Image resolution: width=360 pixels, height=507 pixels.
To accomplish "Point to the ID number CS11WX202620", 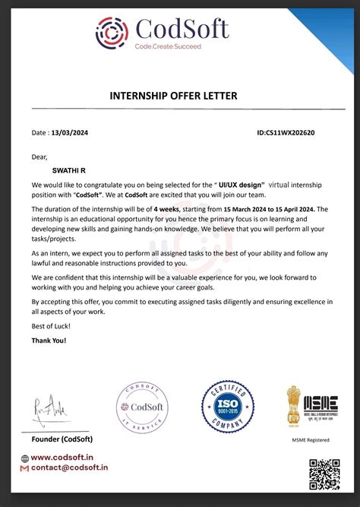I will click(x=286, y=132).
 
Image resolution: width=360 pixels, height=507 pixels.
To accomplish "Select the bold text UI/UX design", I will click(x=242, y=185).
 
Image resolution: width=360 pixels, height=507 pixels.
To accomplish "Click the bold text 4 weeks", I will click(x=166, y=208).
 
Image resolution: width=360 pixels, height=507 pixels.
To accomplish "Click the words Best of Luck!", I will click(x=51, y=325).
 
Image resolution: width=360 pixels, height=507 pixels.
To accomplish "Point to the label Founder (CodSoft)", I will click(x=62, y=439).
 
